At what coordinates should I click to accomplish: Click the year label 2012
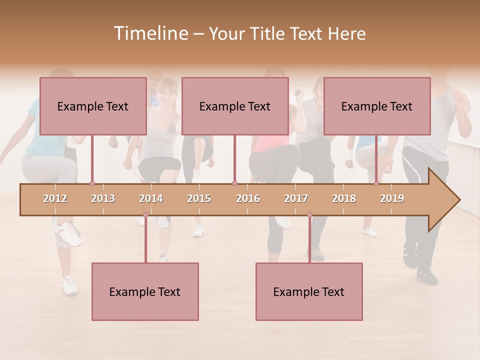(x=55, y=198)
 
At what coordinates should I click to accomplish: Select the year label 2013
(x=103, y=198)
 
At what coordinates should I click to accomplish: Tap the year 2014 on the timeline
(x=151, y=198)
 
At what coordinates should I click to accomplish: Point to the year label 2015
(x=199, y=198)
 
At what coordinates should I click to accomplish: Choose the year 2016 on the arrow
(x=248, y=198)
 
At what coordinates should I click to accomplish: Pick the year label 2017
(x=296, y=198)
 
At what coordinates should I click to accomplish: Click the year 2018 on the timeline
(x=344, y=198)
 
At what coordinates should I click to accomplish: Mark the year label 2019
(x=392, y=198)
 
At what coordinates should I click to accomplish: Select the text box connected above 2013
(x=93, y=106)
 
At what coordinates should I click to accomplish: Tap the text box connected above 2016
(x=235, y=106)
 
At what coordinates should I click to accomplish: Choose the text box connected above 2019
(x=377, y=106)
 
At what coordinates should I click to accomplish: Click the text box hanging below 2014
(x=145, y=291)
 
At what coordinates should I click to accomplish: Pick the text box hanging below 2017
(x=309, y=291)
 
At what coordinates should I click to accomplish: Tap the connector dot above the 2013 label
(x=92, y=183)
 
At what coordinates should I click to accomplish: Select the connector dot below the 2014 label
(x=145, y=215)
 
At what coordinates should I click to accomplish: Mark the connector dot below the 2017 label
(x=309, y=215)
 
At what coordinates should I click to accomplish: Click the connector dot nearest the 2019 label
(x=376, y=183)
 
